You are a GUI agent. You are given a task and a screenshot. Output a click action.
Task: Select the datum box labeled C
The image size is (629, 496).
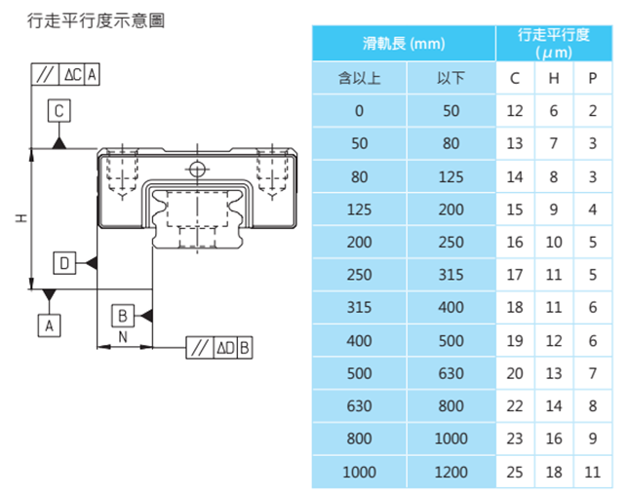pos(59,112)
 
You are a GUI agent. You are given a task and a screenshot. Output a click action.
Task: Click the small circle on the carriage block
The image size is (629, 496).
pos(199,169)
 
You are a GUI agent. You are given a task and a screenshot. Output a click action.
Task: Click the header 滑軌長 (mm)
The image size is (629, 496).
pos(403,44)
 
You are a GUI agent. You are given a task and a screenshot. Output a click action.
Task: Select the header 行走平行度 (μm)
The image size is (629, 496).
pos(554,44)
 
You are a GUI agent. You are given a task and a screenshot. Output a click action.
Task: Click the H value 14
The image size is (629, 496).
pos(554,405)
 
